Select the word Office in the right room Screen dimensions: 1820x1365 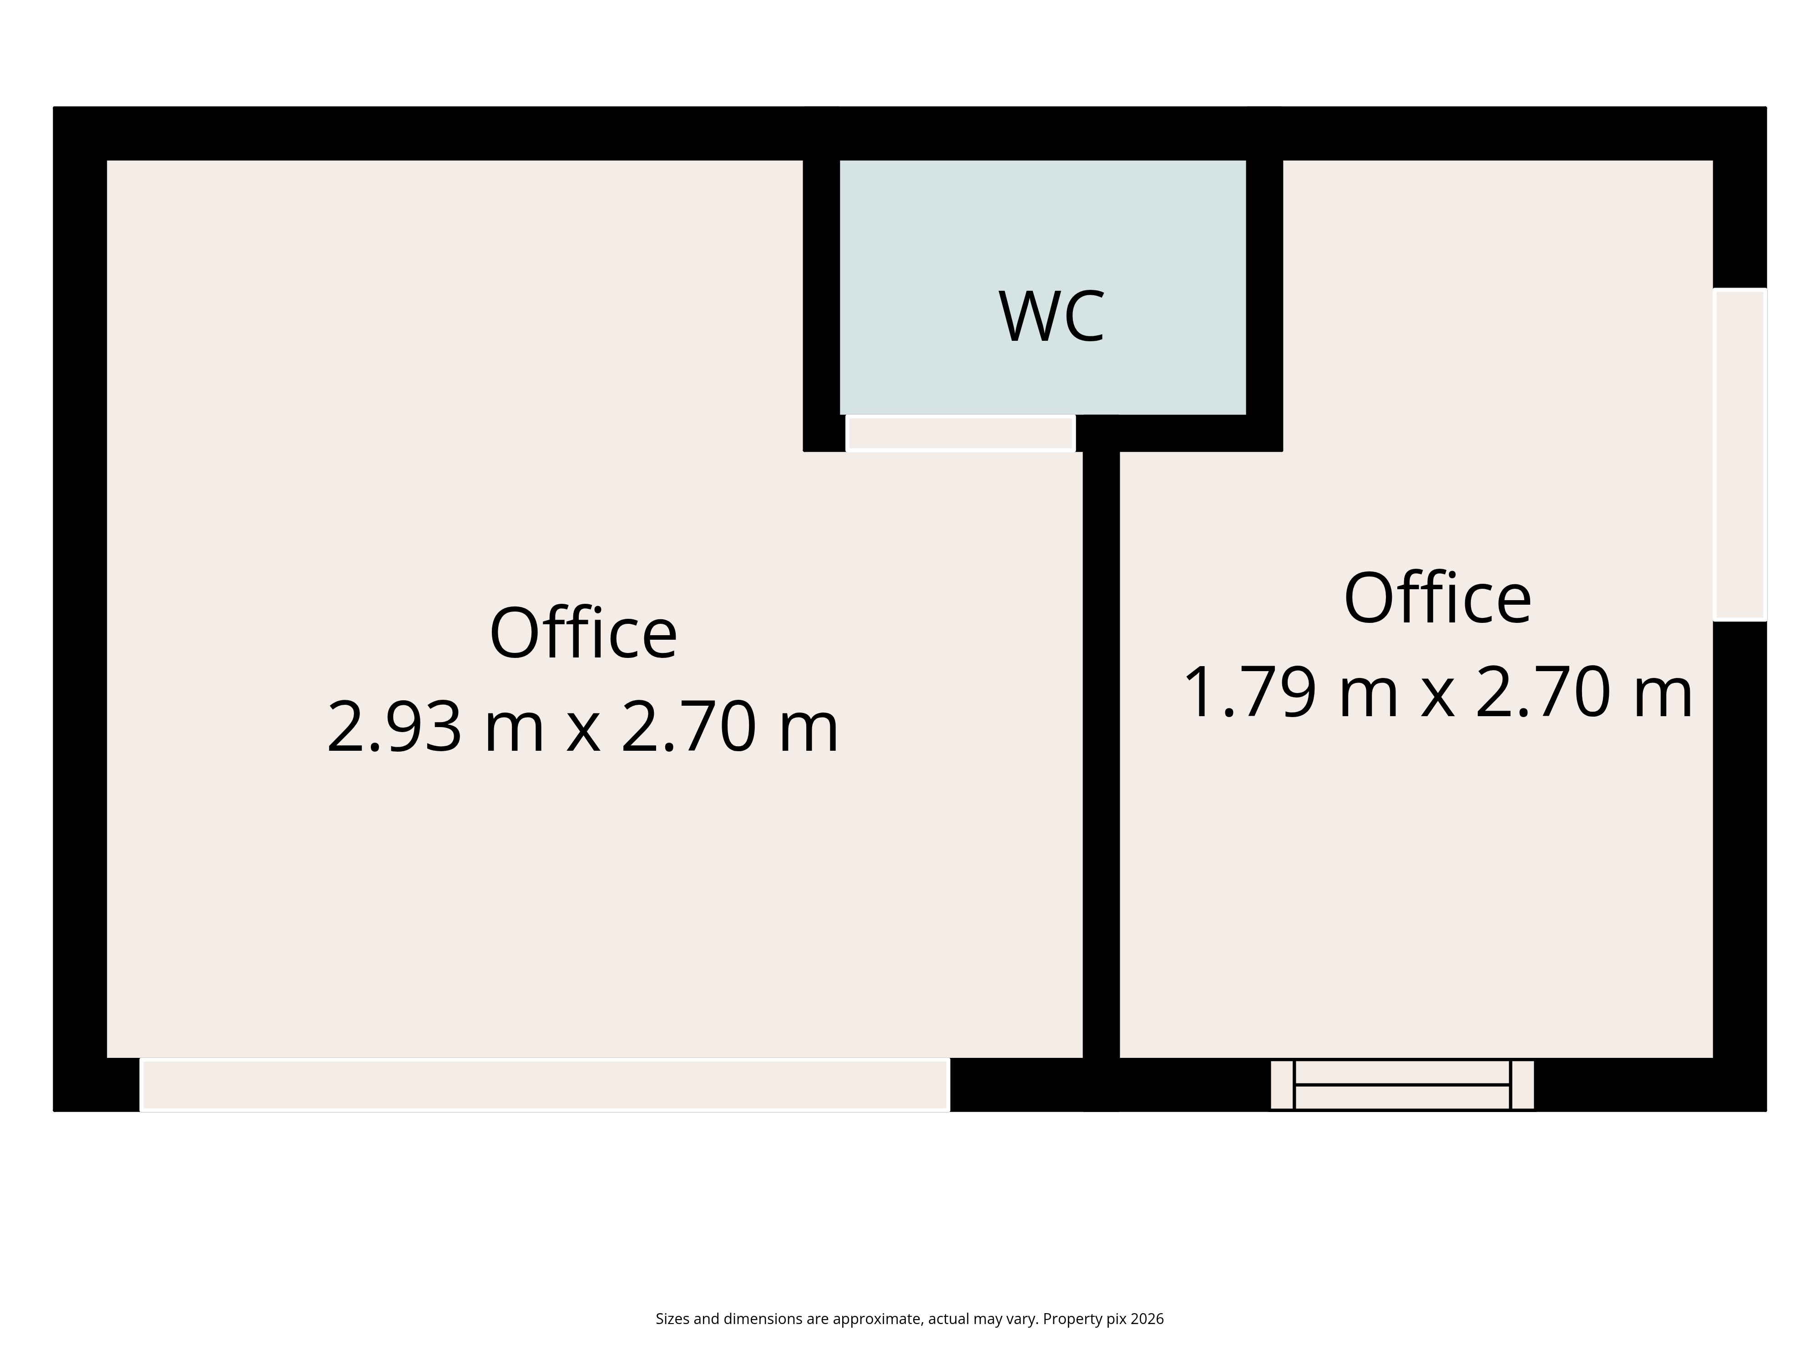[1437, 598]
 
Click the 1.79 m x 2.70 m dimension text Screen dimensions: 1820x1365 [1437, 693]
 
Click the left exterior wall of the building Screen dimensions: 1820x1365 [80, 609]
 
